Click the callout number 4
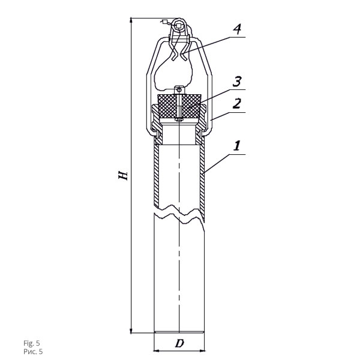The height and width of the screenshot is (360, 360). point(237,29)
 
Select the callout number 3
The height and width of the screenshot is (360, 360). point(237,82)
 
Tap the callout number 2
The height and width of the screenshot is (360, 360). point(237,104)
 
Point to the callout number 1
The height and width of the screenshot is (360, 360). point(237,146)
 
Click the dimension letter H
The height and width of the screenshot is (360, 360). point(123,175)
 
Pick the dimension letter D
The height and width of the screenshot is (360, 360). point(179,343)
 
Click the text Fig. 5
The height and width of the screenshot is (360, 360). point(31,343)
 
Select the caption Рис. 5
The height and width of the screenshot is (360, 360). point(33,352)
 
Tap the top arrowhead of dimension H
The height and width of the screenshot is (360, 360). point(131,21)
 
